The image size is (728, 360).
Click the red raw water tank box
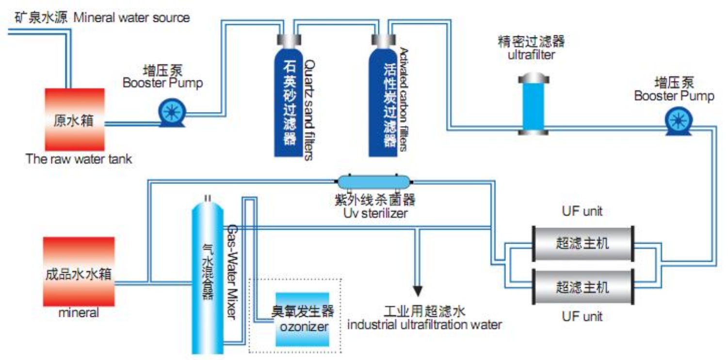coord(75,119)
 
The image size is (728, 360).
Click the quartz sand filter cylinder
coord(289,102)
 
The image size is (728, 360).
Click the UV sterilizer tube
coord(374,182)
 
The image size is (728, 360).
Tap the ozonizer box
coord(302,319)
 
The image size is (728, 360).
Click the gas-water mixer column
coord(208,277)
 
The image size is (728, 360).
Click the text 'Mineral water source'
coord(131,18)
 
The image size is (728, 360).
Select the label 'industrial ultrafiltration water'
coord(424,324)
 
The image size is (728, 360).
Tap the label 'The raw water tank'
coord(79,159)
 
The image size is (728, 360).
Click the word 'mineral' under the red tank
coord(79,312)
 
